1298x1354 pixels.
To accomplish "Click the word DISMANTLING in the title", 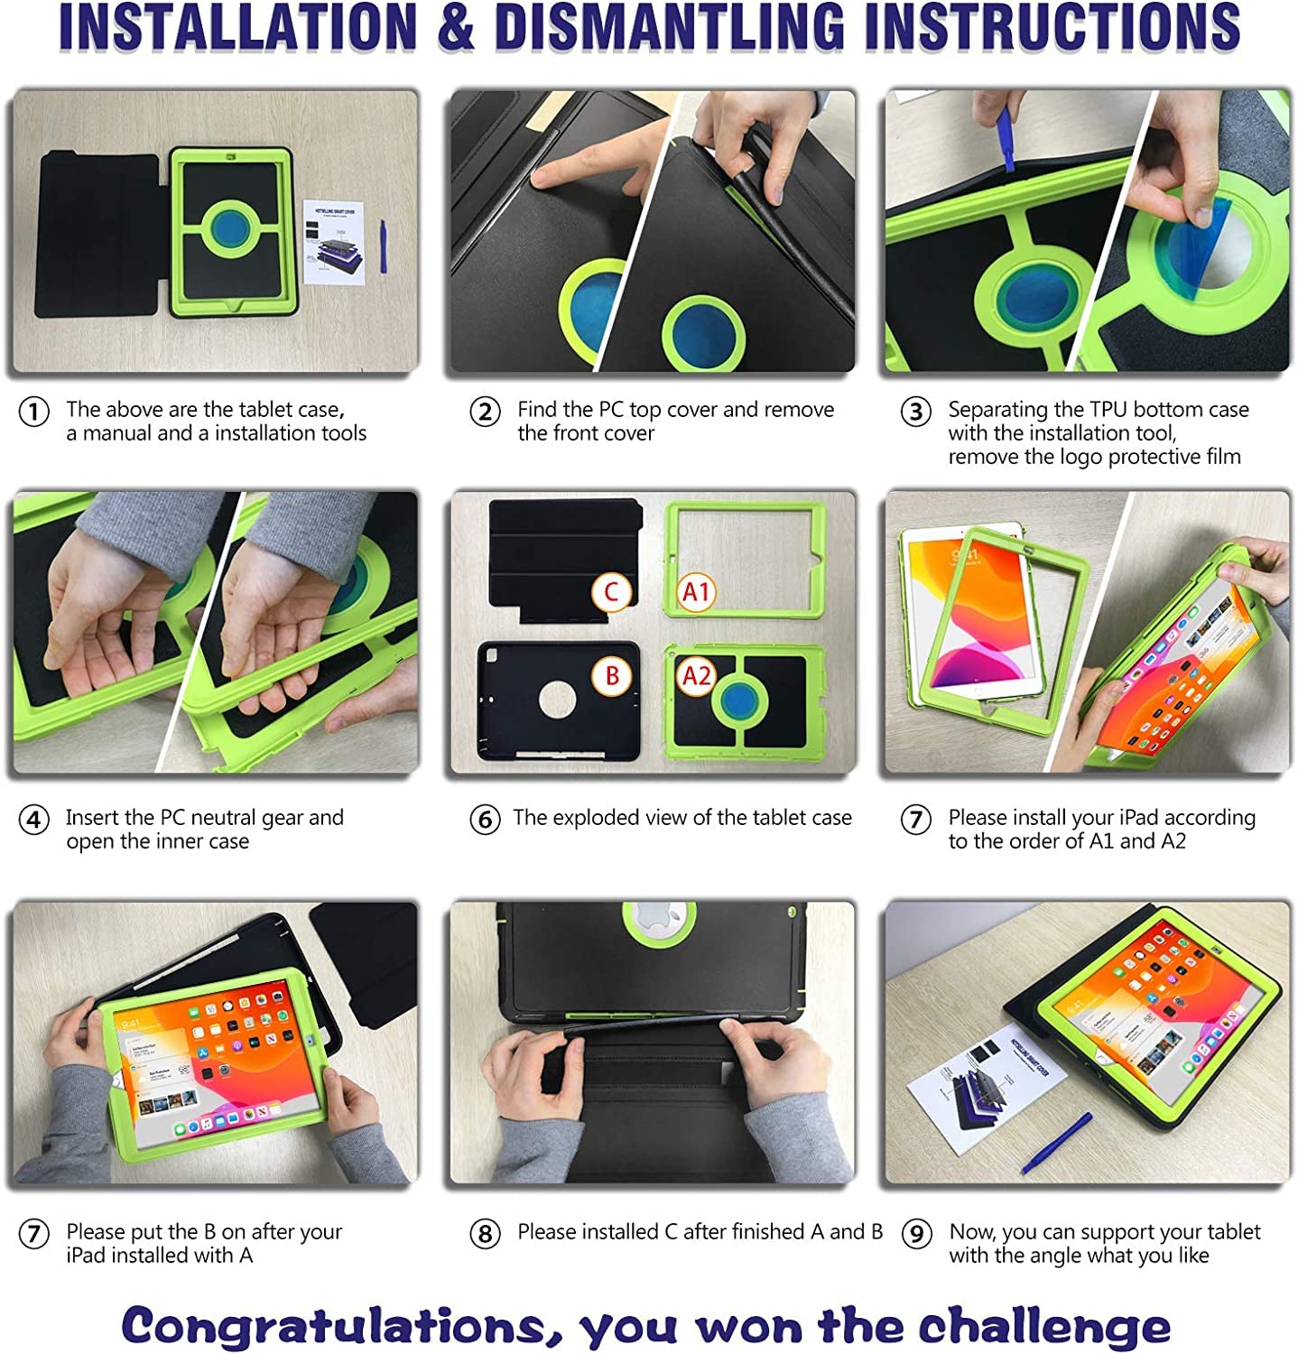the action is (670, 27).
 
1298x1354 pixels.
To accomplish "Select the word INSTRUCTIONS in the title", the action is (1052, 27).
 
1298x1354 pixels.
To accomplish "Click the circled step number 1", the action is (34, 413).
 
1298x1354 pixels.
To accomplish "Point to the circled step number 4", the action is (34, 821).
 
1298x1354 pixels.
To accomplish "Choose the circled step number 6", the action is (485, 821).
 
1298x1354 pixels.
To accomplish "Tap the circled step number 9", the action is (917, 1233).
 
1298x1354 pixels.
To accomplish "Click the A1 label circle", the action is (697, 592).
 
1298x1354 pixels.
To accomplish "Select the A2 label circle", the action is (697, 675).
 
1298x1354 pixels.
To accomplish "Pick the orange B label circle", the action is (612, 675).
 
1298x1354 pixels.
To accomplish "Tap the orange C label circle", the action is (612, 592).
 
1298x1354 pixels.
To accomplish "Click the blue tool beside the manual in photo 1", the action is (383, 246).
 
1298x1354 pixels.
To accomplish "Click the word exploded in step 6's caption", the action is (597, 818).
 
